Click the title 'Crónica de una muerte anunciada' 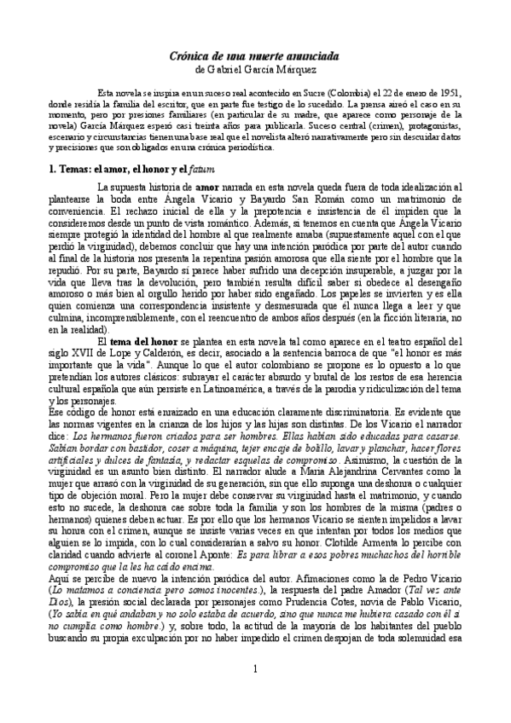pyautogui.click(x=255, y=55)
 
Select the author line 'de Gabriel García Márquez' pyautogui.click(x=255, y=69)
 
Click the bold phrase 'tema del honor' pyautogui.click(x=151, y=318)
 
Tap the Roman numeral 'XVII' pyautogui.click(x=84, y=330)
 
